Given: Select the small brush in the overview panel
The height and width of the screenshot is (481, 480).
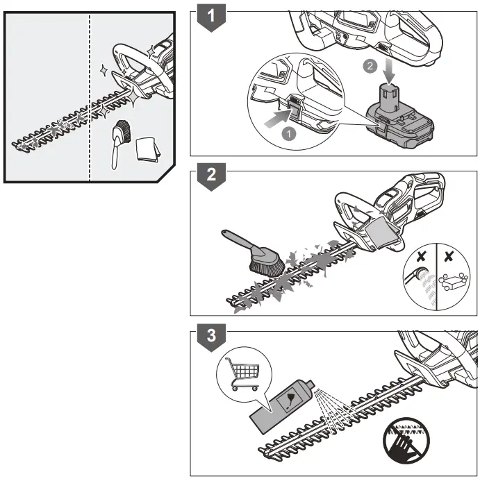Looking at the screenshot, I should point(119,139).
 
